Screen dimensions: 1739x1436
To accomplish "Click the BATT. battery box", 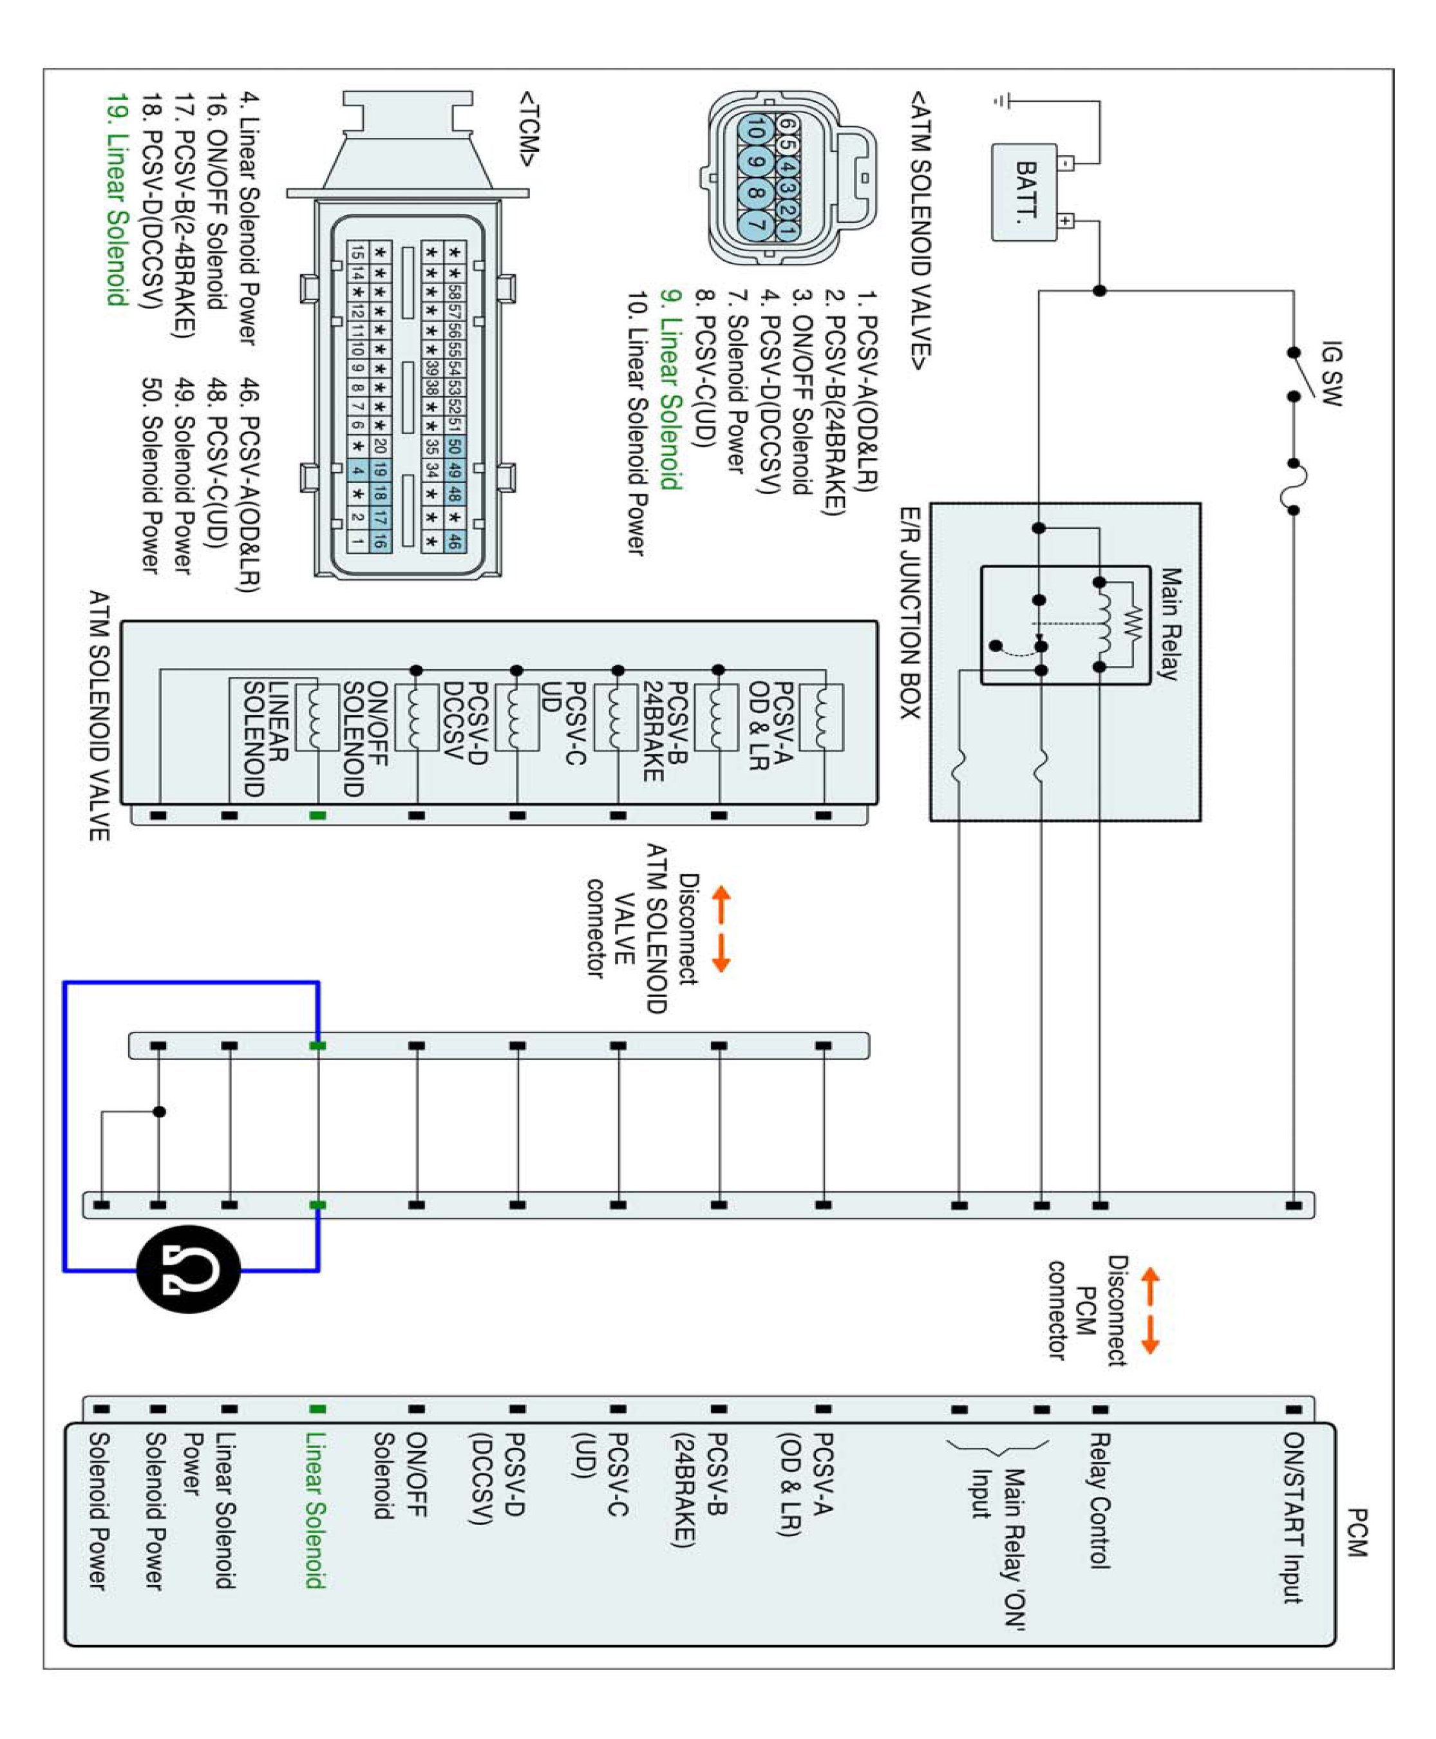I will pyautogui.click(x=1024, y=192).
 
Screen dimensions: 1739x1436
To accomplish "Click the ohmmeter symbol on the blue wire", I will pyautogui.click(x=189, y=1268).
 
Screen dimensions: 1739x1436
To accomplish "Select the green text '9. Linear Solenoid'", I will pyautogui.click(x=671, y=390).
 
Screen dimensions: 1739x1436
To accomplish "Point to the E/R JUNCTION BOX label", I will pyautogui.click(x=910, y=613).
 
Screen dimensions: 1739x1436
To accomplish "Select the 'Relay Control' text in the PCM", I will pyautogui.click(x=1099, y=1501).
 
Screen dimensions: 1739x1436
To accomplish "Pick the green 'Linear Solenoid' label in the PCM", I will pyautogui.click(x=315, y=1510).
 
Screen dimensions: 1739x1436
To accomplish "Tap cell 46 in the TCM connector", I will pyautogui.click(x=454, y=542).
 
